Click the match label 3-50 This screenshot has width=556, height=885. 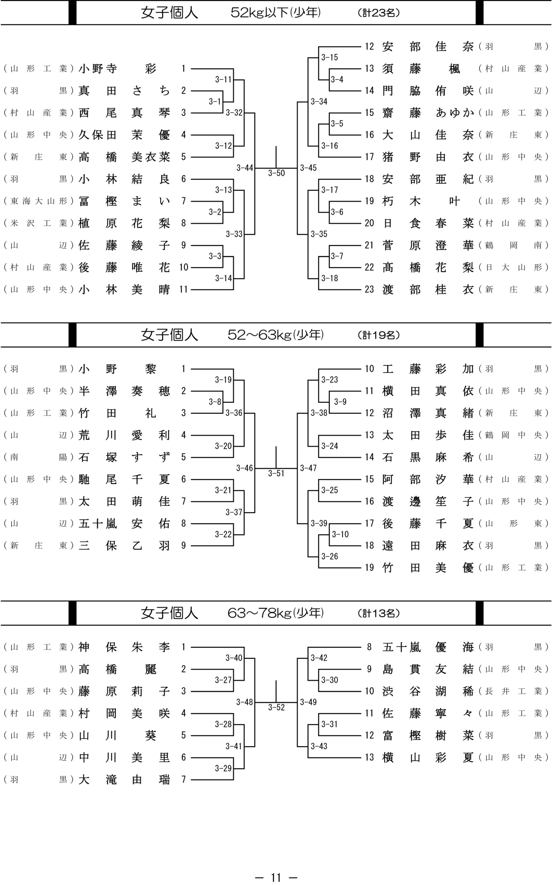276,173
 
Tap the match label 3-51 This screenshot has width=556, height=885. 276,473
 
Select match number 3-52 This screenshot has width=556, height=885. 276,708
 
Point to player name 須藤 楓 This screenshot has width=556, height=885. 421,69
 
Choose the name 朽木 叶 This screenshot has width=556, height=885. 421,201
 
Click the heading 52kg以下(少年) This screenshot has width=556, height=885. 276,13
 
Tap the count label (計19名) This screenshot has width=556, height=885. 378,335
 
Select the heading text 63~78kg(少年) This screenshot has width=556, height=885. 276,613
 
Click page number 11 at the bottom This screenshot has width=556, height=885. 276,877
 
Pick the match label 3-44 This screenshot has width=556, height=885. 244,168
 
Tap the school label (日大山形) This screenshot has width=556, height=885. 513,267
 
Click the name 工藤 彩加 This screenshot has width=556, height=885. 428,369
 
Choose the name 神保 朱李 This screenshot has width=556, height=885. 124,647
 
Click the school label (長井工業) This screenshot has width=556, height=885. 513,691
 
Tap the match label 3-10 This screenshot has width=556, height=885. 340,534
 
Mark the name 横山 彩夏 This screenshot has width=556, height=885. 428,757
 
